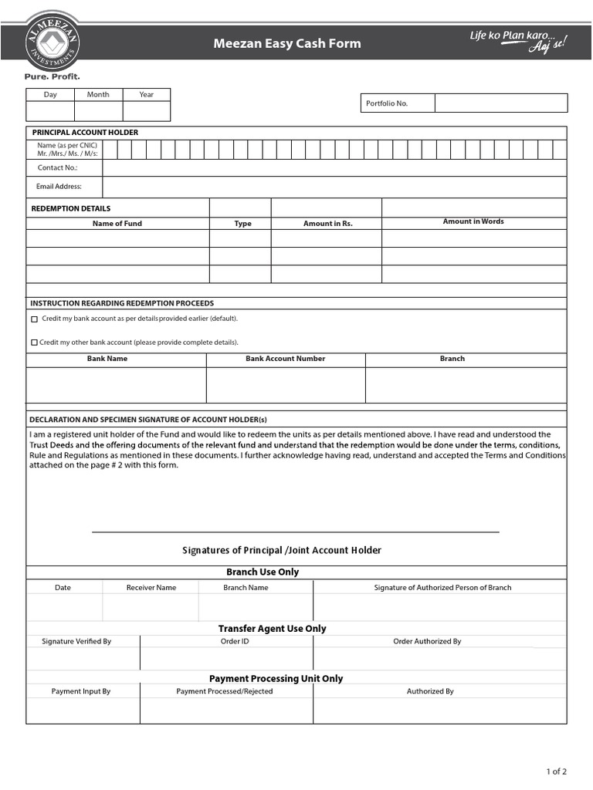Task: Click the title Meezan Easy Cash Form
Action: click(x=286, y=44)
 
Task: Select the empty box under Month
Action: click(x=98, y=111)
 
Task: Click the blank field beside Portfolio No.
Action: click(x=500, y=103)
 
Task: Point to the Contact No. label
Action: click(x=58, y=167)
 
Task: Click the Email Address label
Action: click(x=59, y=187)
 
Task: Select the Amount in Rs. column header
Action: click(x=327, y=224)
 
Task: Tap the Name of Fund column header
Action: click(x=117, y=224)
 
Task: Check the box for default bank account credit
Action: click(x=34, y=319)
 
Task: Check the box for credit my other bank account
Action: click(x=34, y=343)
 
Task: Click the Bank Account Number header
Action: click(x=286, y=359)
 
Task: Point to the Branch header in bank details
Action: click(x=452, y=359)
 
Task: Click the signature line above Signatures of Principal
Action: click(x=295, y=532)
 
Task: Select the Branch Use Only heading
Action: click(x=263, y=572)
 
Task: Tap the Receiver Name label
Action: click(x=151, y=588)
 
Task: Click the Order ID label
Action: click(x=235, y=642)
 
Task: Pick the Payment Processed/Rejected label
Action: click(x=225, y=692)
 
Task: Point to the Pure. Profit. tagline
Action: click(x=52, y=77)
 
